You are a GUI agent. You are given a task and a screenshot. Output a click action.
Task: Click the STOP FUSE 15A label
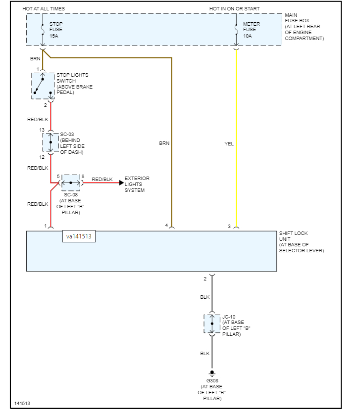click(55, 30)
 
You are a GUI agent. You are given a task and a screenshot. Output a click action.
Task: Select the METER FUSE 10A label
click(250, 30)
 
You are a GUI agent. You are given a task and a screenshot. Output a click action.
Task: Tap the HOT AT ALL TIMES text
click(44, 9)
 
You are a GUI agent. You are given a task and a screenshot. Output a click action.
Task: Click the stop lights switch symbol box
click(43, 85)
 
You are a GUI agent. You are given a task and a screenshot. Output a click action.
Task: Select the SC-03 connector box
click(51, 142)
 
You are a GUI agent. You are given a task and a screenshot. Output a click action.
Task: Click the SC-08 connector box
click(71, 183)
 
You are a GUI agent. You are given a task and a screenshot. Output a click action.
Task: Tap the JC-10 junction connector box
click(212, 324)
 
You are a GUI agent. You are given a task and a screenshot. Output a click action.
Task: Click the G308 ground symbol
click(212, 372)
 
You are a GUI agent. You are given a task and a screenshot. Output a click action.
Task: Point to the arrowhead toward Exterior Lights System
click(121, 183)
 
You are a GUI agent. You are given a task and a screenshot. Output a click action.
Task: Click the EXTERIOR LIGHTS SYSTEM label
click(137, 184)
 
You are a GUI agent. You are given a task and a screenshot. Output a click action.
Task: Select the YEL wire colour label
click(229, 144)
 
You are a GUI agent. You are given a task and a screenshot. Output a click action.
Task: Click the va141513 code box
click(79, 237)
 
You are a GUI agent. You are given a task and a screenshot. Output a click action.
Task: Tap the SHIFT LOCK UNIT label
click(300, 242)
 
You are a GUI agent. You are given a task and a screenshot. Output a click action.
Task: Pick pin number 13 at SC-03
click(42, 130)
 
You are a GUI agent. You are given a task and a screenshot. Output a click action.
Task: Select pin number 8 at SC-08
click(83, 176)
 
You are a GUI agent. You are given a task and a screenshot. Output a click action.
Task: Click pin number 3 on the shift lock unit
click(229, 226)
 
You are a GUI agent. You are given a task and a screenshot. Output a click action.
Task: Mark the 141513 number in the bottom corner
click(22, 403)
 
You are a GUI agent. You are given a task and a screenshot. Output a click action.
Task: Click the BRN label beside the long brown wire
click(164, 143)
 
